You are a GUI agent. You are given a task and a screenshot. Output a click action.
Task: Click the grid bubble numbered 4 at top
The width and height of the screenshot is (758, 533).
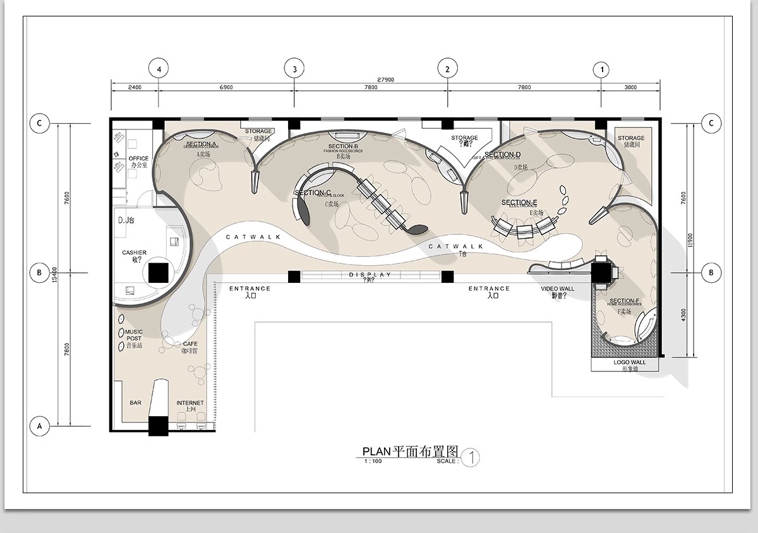(159, 69)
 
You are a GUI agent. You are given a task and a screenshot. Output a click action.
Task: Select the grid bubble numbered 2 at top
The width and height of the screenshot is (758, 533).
(448, 69)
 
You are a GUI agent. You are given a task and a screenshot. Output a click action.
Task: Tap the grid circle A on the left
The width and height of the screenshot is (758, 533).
(39, 426)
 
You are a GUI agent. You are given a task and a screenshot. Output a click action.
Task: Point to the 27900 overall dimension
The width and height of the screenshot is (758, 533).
(385, 80)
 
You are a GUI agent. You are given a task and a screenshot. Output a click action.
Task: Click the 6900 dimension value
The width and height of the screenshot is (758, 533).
(226, 88)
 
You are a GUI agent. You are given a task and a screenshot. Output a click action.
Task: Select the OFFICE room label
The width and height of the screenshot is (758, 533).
(138, 159)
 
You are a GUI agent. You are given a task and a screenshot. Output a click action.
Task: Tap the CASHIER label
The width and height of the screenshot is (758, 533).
(135, 253)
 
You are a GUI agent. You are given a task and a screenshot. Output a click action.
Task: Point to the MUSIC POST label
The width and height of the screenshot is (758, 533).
(134, 335)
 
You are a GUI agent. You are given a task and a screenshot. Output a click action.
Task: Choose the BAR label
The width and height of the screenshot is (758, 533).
(136, 402)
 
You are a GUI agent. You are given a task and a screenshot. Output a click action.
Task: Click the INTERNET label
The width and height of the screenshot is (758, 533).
(189, 403)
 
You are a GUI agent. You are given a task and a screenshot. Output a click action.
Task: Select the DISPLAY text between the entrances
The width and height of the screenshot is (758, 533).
(370, 275)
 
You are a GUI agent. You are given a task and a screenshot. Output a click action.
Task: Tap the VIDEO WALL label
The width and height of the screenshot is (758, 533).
(558, 289)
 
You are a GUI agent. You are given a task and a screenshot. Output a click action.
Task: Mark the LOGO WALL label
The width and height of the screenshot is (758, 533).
(629, 362)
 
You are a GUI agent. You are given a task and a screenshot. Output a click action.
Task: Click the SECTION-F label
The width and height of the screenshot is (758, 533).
(625, 301)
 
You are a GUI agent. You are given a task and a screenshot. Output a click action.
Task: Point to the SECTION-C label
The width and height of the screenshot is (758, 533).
(313, 193)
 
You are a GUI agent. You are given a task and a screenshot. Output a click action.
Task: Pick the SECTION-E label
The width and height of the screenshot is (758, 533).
(519, 203)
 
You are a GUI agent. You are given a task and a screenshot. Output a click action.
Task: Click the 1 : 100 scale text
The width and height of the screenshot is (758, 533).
(373, 461)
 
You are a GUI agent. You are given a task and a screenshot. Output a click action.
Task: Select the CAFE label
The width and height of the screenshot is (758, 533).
(190, 344)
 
